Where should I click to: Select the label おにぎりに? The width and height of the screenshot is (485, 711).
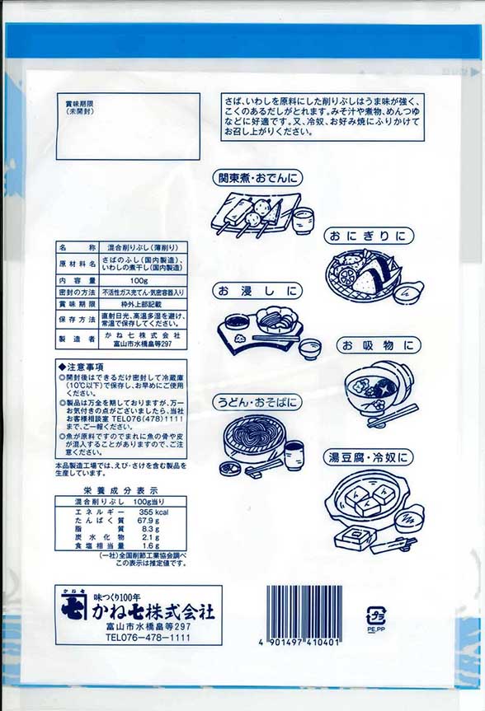[x=369, y=236]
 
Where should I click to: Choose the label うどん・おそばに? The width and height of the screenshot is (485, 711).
[x=257, y=403]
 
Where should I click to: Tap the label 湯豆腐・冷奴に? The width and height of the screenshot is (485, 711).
[x=370, y=456]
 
